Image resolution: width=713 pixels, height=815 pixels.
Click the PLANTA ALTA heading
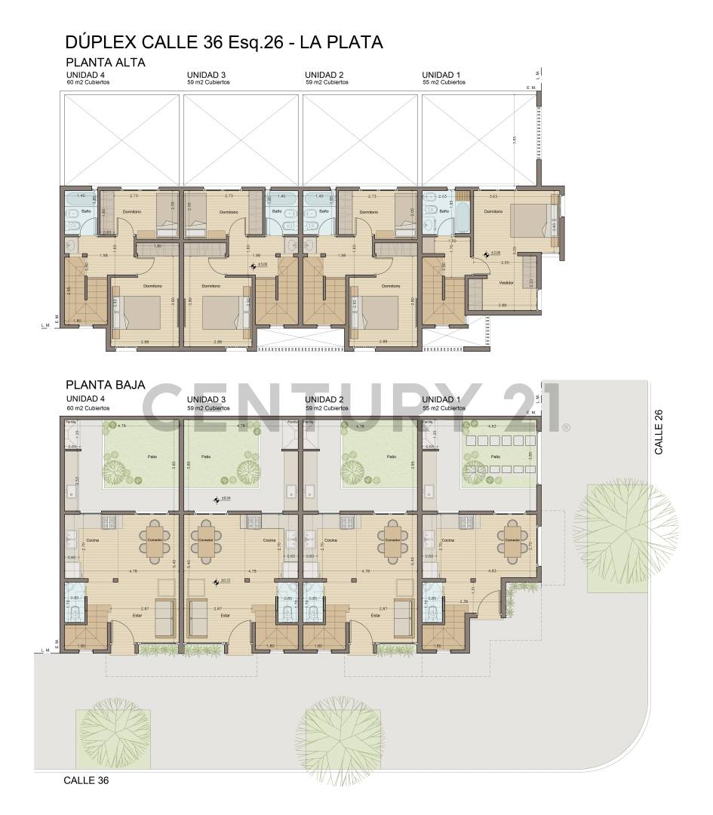(105, 63)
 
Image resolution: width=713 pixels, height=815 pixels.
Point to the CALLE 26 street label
(659, 432)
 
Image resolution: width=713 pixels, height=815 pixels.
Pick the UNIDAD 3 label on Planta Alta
(206, 75)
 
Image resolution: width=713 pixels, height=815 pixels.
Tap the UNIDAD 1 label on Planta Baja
(441, 399)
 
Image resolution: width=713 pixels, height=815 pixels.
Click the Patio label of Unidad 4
(151, 457)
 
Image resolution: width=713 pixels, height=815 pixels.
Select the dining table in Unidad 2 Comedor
(392, 540)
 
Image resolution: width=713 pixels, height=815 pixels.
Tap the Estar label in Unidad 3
(225, 616)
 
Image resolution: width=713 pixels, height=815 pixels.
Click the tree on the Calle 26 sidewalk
(625, 524)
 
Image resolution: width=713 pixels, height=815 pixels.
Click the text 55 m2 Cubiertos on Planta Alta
(444, 82)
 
